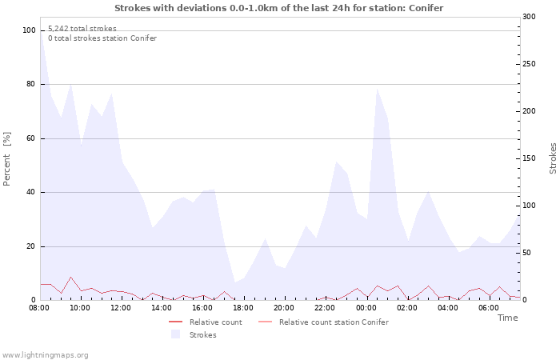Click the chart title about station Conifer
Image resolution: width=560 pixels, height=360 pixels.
tap(278, 8)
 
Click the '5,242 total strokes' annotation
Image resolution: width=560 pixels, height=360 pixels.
tap(82, 29)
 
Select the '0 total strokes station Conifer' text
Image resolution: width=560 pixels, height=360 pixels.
tap(102, 38)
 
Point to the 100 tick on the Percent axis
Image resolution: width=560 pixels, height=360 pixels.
tap(29, 30)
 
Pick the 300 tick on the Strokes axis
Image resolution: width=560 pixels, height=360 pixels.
tap(529, 17)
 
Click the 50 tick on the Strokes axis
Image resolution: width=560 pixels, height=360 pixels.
tap(526, 253)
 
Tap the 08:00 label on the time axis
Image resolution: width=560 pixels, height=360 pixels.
tap(40, 307)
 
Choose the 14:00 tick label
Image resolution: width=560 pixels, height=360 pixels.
tap(162, 307)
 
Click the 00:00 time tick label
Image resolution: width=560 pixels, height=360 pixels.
tap(366, 307)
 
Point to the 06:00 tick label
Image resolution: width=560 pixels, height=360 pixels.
tap(489, 307)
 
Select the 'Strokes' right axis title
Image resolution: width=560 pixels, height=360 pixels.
tap(553, 158)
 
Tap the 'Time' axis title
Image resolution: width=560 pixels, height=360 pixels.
tap(507, 318)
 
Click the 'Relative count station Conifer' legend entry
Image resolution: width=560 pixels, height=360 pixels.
tap(334, 322)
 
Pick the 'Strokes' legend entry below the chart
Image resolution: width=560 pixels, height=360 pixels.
tap(202, 335)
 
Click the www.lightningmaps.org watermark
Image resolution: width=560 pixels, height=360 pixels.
tap(45, 354)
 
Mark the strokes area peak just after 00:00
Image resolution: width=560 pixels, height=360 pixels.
tap(377, 88)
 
